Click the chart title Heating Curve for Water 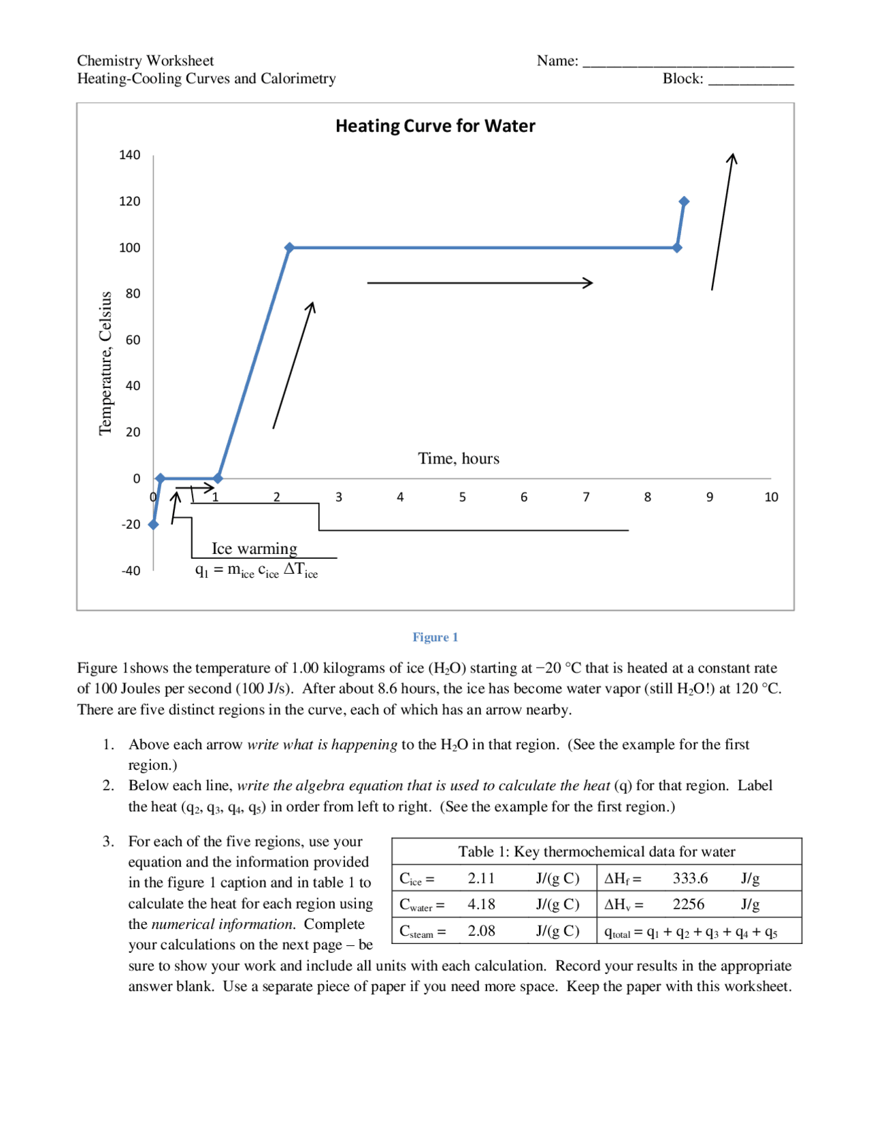tap(435, 126)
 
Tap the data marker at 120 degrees tap(684, 201)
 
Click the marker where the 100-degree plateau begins tap(289, 248)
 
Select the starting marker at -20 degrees tap(154, 525)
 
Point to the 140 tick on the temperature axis tap(129, 155)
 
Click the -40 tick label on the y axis tap(131, 571)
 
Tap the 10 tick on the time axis tap(770, 497)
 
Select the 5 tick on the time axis tap(462, 497)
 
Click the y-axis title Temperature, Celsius tap(105, 363)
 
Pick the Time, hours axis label tap(458, 459)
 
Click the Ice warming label tap(254, 549)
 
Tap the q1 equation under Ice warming tap(257, 570)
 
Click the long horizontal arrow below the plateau tap(480, 282)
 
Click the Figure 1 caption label tap(435, 637)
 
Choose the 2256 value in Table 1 tap(688, 904)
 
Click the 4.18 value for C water tap(481, 904)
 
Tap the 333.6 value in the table tap(689, 879)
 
